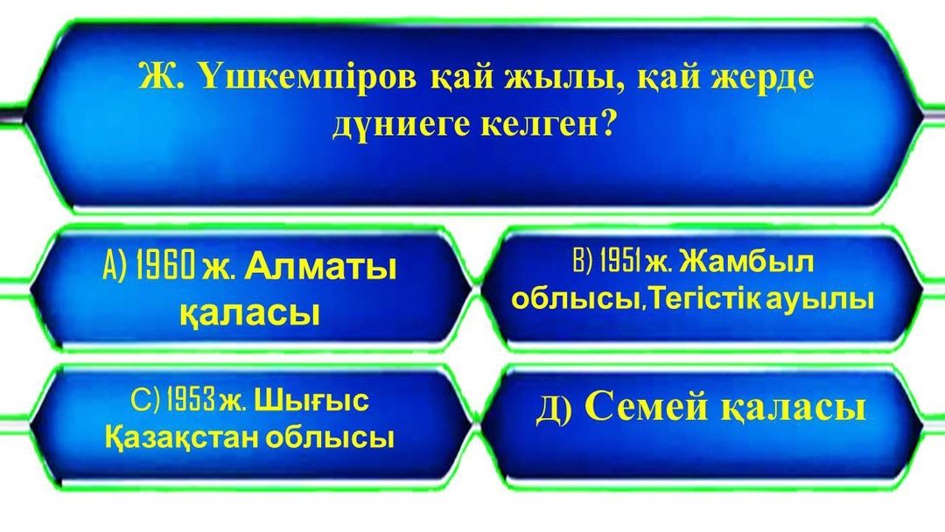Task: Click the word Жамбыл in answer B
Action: point(746,262)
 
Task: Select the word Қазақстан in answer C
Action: point(182,438)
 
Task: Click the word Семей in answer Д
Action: point(647,407)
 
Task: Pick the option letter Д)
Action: point(553,409)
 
